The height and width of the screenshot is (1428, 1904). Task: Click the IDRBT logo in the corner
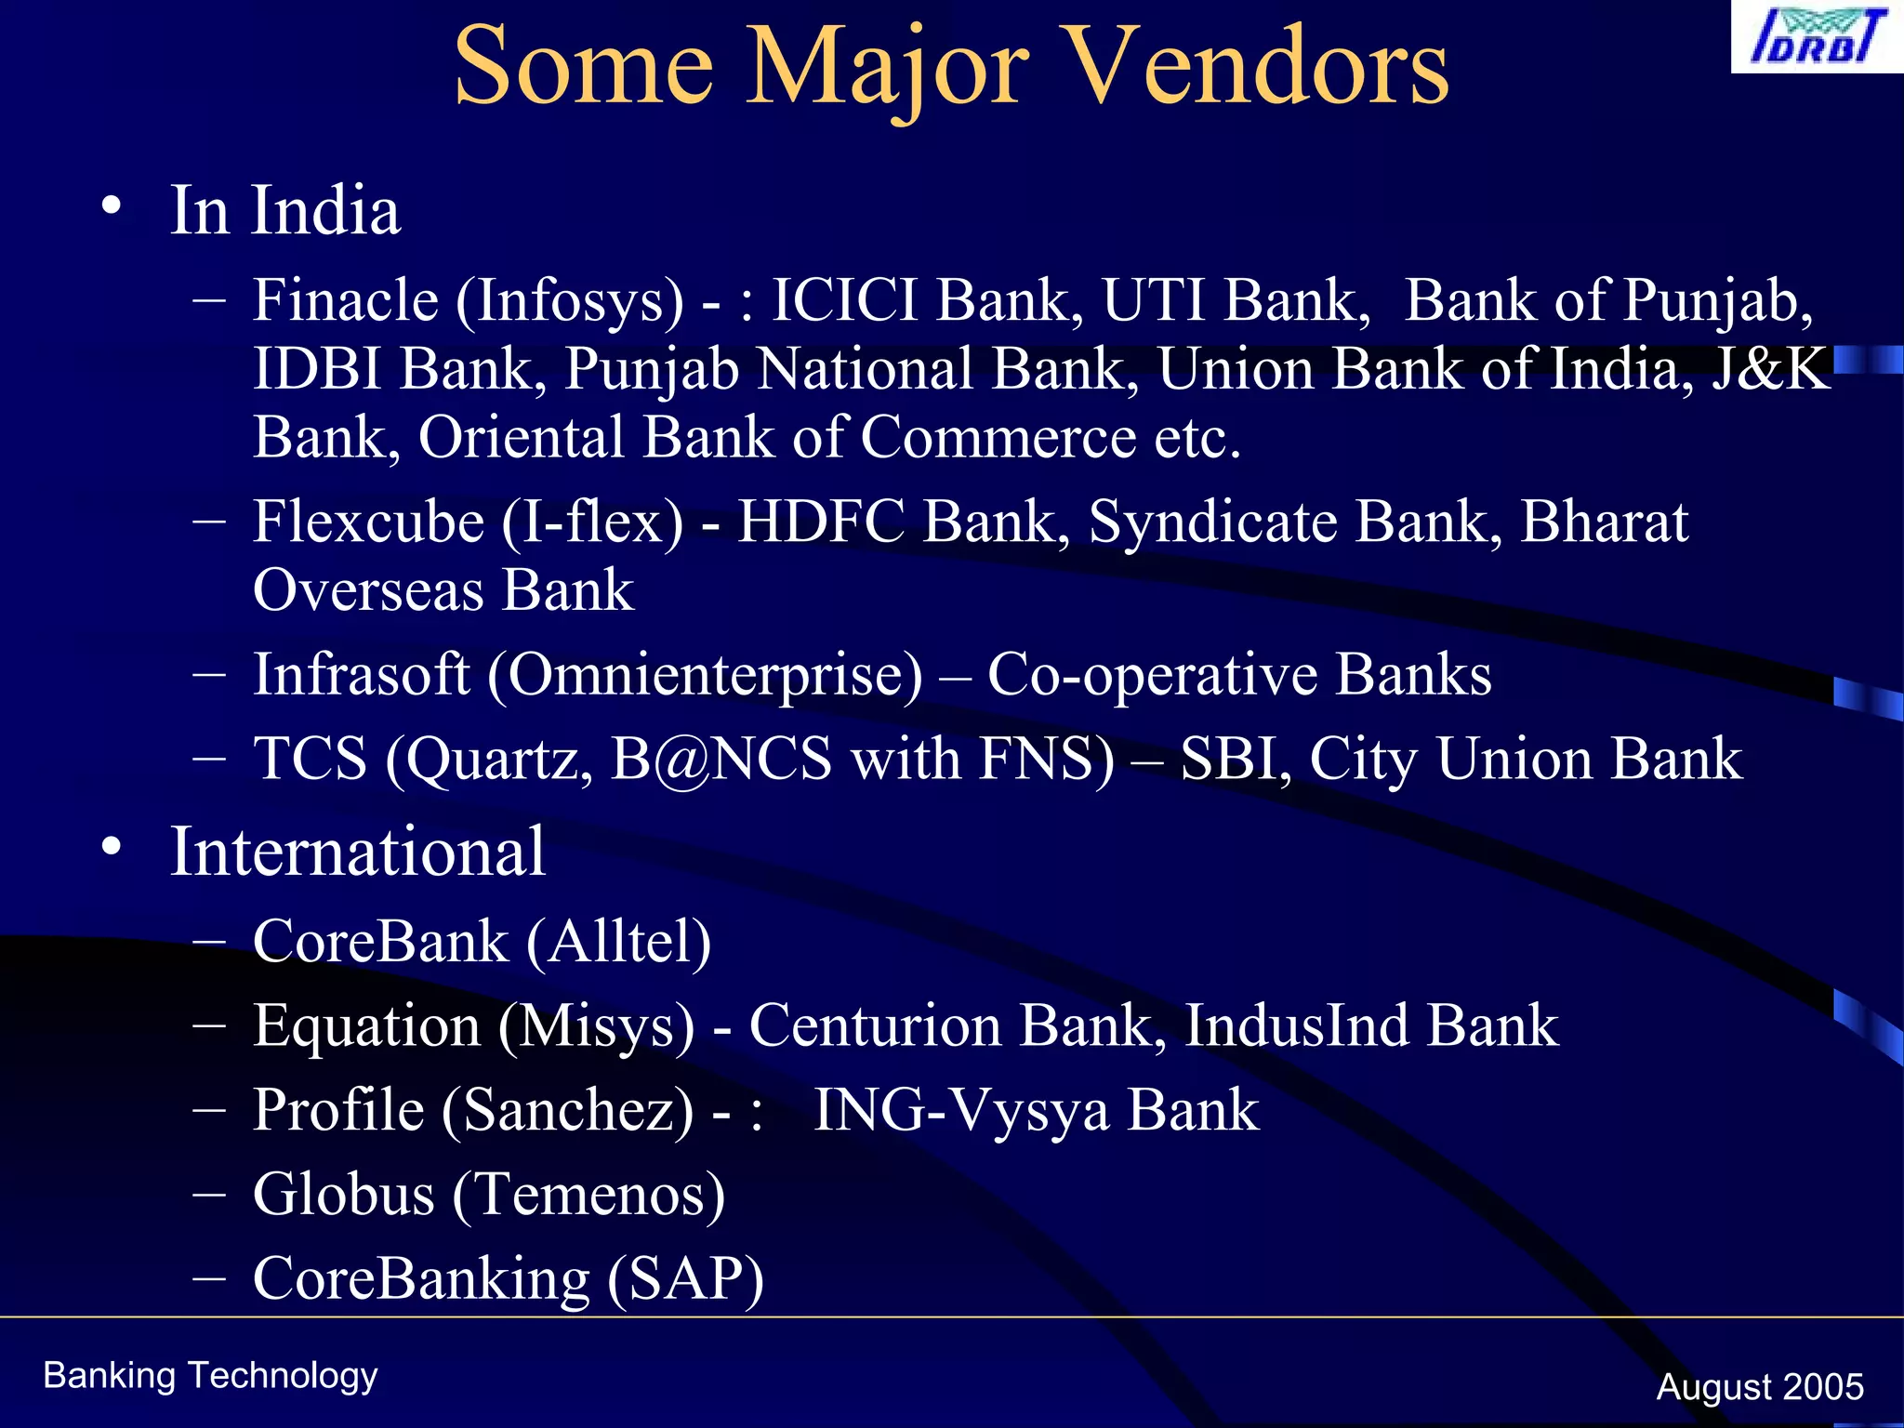(x=1816, y=37)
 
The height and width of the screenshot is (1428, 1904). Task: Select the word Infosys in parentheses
(x=569, y=300)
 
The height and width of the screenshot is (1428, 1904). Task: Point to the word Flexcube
(x=368, y=522)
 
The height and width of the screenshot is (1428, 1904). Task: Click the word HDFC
(x=821, y=522)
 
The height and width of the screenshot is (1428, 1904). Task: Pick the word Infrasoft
(x=361, y=674)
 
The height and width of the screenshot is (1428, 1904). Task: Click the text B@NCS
(x=721, y=759)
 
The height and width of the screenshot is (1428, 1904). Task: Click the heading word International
(x=357, y=852)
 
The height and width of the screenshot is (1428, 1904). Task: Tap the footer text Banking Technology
(x=210, y=1376)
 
